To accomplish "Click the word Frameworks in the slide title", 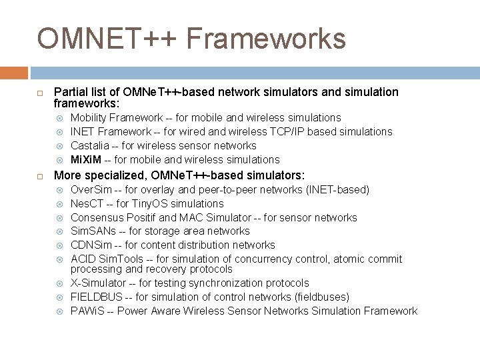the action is pos(266,39).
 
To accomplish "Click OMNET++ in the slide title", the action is pos(107,39).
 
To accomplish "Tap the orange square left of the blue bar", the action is pos(13,72).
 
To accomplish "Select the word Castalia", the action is pos(90,145).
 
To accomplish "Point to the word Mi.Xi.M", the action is pos(86,159).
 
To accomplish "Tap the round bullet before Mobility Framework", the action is pos(60,118).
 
